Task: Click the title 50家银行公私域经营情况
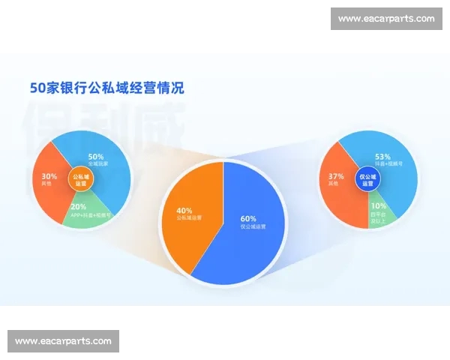point(106,88)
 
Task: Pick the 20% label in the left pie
point(78,207)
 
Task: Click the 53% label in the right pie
point(384,157)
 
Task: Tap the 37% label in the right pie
point(335,177)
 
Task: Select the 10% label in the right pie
point(379,205)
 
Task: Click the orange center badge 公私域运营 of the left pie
point(80,180)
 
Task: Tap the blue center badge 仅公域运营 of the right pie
point(367,180)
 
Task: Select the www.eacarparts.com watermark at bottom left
point(63,341)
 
